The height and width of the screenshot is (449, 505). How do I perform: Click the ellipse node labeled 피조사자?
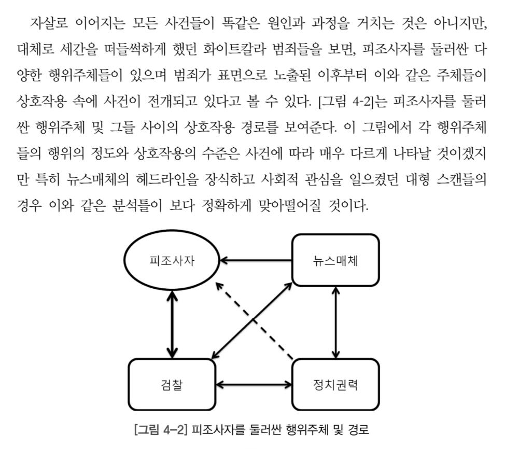(172, 260)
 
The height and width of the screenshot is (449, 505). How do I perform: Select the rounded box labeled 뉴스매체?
(335, 260)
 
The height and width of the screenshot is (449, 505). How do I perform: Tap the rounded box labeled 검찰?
(172, 384)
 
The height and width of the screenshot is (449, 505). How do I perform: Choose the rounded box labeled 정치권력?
(335, 384)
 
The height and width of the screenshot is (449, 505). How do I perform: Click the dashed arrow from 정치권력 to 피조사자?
(254, 321)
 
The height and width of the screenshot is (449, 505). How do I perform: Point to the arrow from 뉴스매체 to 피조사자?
(256, 260)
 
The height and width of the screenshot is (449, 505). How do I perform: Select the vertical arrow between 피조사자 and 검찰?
(173, 325)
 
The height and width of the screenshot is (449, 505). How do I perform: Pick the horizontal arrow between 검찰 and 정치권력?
(254, 384)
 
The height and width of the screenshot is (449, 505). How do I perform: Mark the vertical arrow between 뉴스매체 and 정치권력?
(335, 322)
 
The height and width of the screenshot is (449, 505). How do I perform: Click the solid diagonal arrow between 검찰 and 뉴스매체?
(252, 320)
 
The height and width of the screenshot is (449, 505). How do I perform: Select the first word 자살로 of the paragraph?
(49, 23)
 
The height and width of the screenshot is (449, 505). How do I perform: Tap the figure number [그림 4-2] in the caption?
(160, 430)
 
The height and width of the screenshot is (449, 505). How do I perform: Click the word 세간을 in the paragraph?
(78, 50)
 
